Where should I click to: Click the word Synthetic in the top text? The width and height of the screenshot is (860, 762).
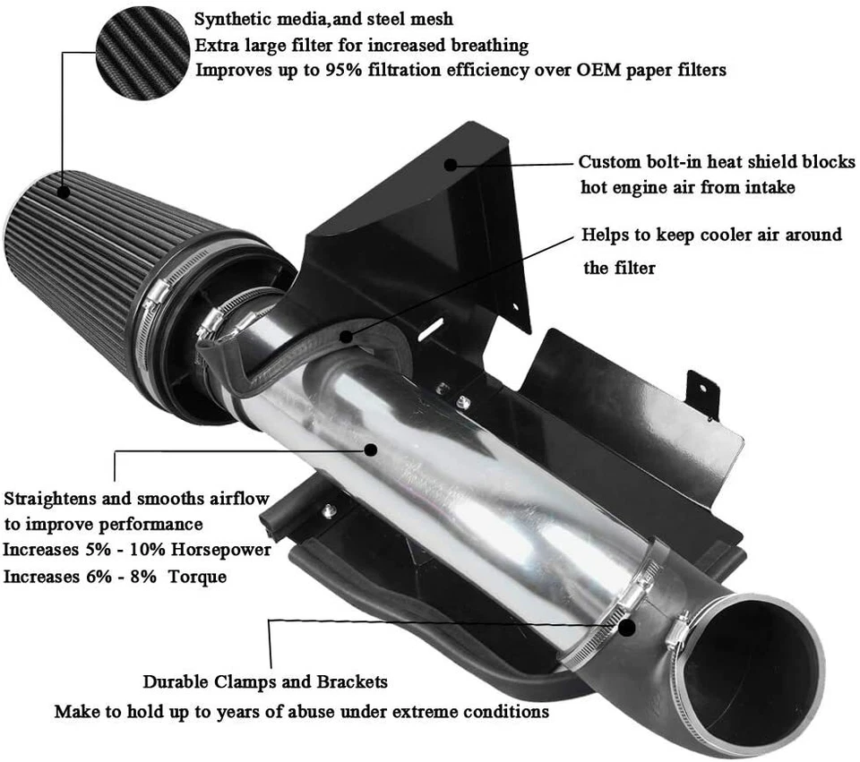click(231, 19)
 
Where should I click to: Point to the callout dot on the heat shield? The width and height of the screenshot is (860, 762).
click(451, 164)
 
